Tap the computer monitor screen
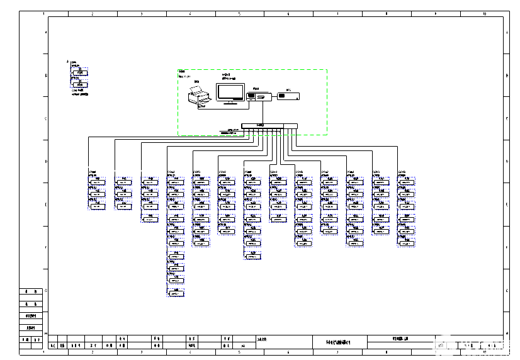tap(230, 92)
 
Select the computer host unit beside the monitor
tap(259, 96)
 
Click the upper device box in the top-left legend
tap(79, 72)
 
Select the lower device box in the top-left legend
tap(79, 84)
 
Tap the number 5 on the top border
tap(239, 13)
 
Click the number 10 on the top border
tap(483, 13)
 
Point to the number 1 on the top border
tap(43, 13)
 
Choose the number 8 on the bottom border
tap(386, 352)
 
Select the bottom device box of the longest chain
tap(176, 294)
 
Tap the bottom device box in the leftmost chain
tap(96, 206)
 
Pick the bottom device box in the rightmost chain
tap(406, 243)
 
